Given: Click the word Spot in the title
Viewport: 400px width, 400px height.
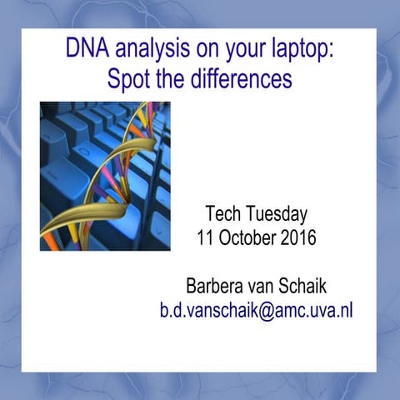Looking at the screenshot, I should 129,79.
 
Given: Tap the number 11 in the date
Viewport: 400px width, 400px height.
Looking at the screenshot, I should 206,237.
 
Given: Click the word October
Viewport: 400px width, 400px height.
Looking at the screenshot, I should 248,237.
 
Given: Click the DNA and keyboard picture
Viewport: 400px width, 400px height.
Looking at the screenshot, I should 105,176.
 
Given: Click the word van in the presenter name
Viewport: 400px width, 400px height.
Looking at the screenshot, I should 268,286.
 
